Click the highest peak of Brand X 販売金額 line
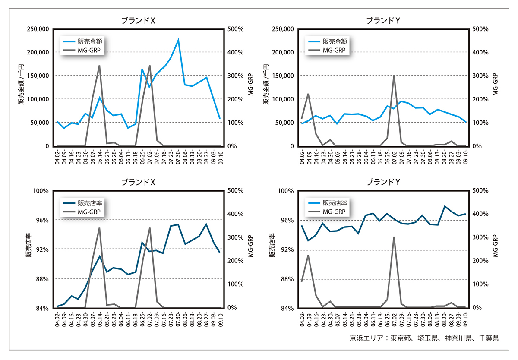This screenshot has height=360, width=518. pyautogui.click(x=178, y=40)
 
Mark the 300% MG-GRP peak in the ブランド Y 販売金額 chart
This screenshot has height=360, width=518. pyautogui.click(x=394, y=76)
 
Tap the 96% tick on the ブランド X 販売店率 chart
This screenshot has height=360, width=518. pyautogui.click(x=41, y=220)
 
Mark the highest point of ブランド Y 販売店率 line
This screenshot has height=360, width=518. pyautogui.click(x=445, y=206)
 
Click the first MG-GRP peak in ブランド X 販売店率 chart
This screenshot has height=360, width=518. pyautogui.click(x=99, y=228)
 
